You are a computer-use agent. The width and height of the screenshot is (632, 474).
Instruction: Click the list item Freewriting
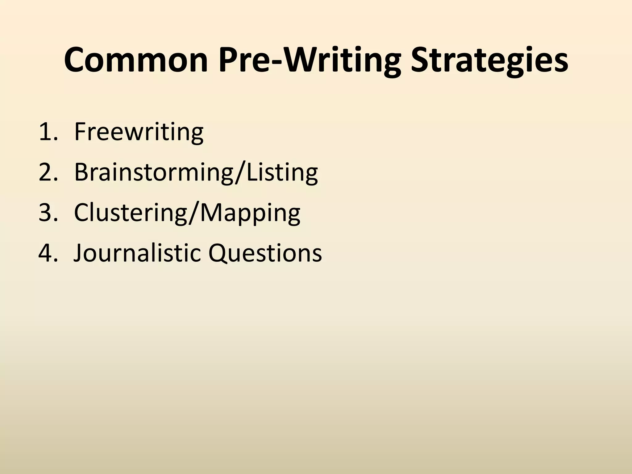[139, 132]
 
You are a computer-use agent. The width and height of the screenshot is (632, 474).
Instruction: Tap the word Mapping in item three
[250, 213]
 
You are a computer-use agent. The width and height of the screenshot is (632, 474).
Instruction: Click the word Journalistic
[137, 253]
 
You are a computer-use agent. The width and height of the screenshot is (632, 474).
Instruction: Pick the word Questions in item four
[265, 253]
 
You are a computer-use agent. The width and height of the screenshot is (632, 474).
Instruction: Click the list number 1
[46, 132]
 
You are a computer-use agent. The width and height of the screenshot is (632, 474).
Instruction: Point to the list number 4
[46, 253]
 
